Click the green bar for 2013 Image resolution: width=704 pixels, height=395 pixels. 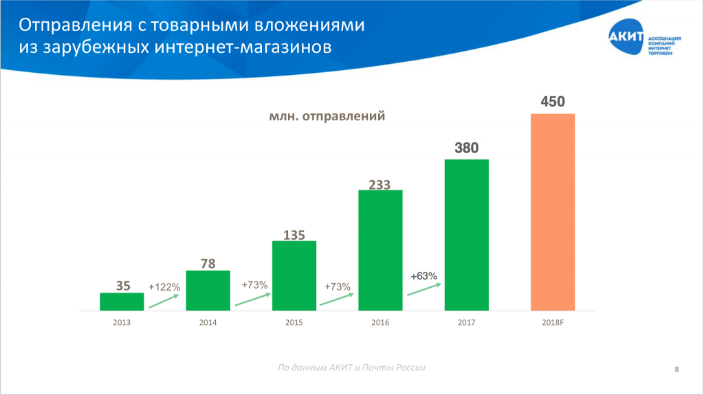pyautogui.click(x=122, y=302)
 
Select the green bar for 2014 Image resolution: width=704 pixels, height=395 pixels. pyautogui.click(x=208, y=291)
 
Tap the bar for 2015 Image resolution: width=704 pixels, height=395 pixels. pyautogui.click(x=294, y=275)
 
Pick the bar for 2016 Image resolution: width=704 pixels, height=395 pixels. pyautogui.click(x=380, y=250)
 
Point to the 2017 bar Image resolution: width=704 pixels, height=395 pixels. pyautogui.click(x=466, y=235)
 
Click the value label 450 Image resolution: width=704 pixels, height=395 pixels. pyautogui.click(x=553, y=102)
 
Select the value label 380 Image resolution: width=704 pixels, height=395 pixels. pyautogui.click(x=466, y=148)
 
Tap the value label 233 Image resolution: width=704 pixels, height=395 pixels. pyautogui.click(x=379, y=184)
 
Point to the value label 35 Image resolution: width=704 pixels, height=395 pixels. pyautogui.click(x=122, y=286)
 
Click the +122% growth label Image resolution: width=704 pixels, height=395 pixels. pyautogui.click(x=164, y=287)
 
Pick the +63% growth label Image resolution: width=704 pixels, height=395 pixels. pyautogui.click(x=423, y=275)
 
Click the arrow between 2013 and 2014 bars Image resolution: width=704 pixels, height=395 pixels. pyautogui.click(x=164, y=302)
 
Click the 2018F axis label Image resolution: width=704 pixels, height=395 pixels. pyautogui.click(x=552, y=321)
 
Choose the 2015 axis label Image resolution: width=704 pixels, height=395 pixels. pyautogui.click(x=294, y=321)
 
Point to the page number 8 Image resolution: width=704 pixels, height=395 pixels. pyautogui.click(x=677, y=370)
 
